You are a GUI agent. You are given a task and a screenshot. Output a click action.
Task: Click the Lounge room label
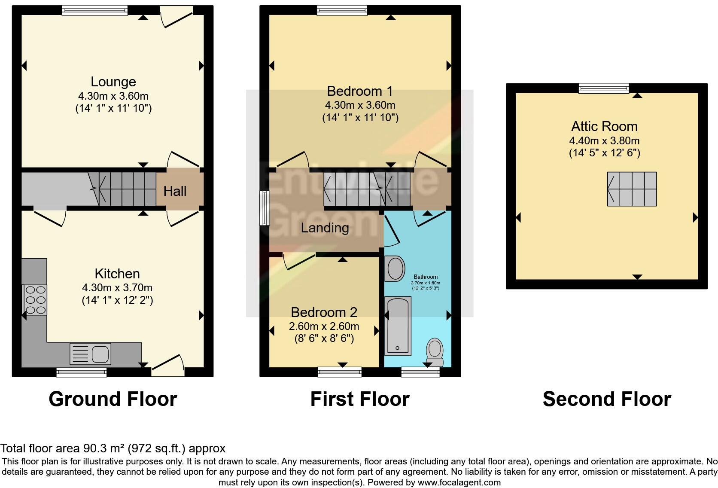(x=113, y=82)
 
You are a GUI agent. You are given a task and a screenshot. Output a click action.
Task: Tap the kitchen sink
(x=90, y=354)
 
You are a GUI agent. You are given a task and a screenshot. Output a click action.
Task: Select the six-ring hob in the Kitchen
(x=35, y=300)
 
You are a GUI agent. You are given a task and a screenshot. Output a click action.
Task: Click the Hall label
(x=175, y=191)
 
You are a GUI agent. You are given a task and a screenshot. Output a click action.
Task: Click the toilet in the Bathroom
(x=435, y=351)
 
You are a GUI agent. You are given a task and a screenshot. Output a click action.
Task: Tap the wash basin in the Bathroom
(x=395, y=268)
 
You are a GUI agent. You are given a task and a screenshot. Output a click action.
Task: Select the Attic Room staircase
(x=632, y=189)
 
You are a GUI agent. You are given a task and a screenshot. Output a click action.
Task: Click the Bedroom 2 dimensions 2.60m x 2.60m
(x=324, y=326)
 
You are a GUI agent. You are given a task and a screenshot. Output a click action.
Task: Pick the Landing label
(x=325, y=228)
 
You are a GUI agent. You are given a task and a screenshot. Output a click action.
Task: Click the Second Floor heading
(x=606, y=399)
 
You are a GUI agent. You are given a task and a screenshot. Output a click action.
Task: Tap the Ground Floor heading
(x=113, y=399)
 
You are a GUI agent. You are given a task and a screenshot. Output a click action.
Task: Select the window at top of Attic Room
(x=603, y=88)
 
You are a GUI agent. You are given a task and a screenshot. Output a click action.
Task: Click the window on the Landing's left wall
(x=265, y=208)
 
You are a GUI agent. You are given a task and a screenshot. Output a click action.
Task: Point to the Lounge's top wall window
(x=94, y=10)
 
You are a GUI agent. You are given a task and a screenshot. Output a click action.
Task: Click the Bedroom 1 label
(x=360, y=91)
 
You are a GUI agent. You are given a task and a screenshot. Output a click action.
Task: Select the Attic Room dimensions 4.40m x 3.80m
(x=604, y=140)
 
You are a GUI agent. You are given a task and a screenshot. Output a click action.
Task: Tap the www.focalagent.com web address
(x=459, y=482)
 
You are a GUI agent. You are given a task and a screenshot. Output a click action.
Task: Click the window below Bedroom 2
(x=339, y=372)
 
